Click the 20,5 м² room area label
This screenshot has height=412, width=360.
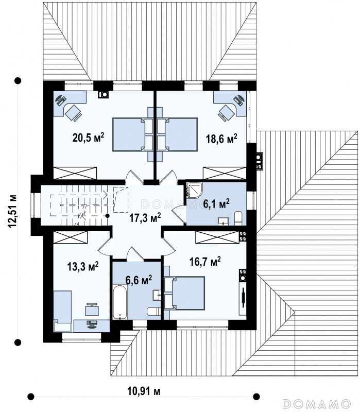click(88, 137)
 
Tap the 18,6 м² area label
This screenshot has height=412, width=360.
click(221, 138)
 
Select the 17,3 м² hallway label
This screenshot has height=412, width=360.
click(145, 217)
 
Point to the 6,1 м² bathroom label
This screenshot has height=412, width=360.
click(216, 203)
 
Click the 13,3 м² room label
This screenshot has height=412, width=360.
click(83, 266)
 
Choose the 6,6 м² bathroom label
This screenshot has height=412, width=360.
click(139, 280)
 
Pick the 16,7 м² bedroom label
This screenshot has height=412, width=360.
click(205, 262)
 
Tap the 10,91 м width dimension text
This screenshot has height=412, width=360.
click(144, 391)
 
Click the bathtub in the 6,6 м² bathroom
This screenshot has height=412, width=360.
click(120, 302)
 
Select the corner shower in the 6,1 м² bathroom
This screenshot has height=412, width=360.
click(194, 190)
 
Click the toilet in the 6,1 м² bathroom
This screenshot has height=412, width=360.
click(237, 218)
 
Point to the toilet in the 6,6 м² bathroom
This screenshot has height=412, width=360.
click(153, 312)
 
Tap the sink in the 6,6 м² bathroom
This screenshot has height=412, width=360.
click(157, 295)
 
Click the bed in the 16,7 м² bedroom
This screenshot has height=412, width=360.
click(184, 293)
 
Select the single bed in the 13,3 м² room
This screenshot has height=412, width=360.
click(62, 311)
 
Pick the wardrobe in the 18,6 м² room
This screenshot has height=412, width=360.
click(225, 173)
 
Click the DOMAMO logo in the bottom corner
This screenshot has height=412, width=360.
click(317, 403)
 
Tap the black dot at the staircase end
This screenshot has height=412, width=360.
click(108, 216)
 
